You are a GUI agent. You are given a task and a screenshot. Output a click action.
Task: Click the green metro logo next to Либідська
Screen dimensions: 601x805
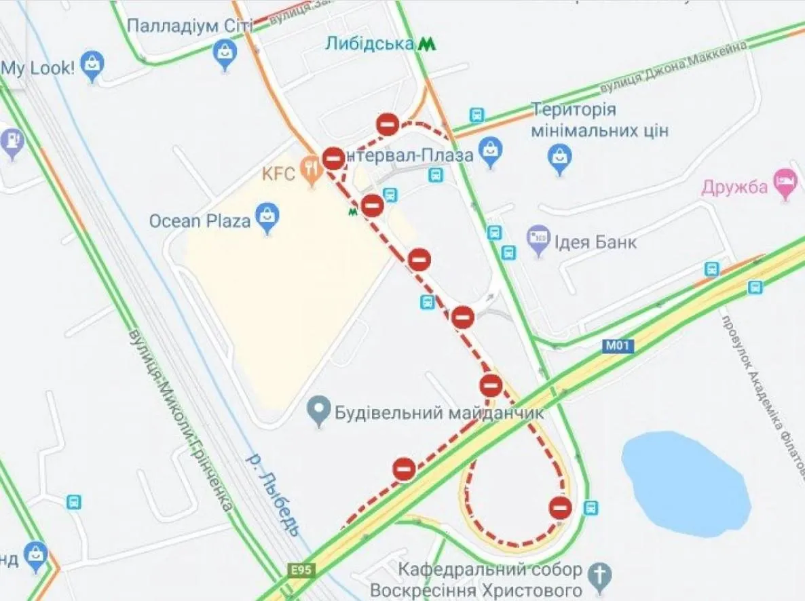coord(426,44)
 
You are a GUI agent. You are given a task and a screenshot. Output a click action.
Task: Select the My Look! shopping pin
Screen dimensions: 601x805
coord(91,66)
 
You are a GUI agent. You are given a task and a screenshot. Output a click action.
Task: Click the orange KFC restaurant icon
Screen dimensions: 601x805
coord(312,170)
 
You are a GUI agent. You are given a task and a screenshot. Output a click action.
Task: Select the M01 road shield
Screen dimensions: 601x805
coord(618,347)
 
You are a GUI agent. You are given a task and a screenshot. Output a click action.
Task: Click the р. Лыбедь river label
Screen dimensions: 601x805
coord(272,493)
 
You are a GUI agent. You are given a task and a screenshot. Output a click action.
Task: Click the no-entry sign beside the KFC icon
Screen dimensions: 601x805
coord(333,158)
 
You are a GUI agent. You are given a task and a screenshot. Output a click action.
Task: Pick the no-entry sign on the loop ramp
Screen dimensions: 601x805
coord(560,507)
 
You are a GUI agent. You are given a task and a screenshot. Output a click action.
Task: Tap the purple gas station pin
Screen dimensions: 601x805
coord(13,142)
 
